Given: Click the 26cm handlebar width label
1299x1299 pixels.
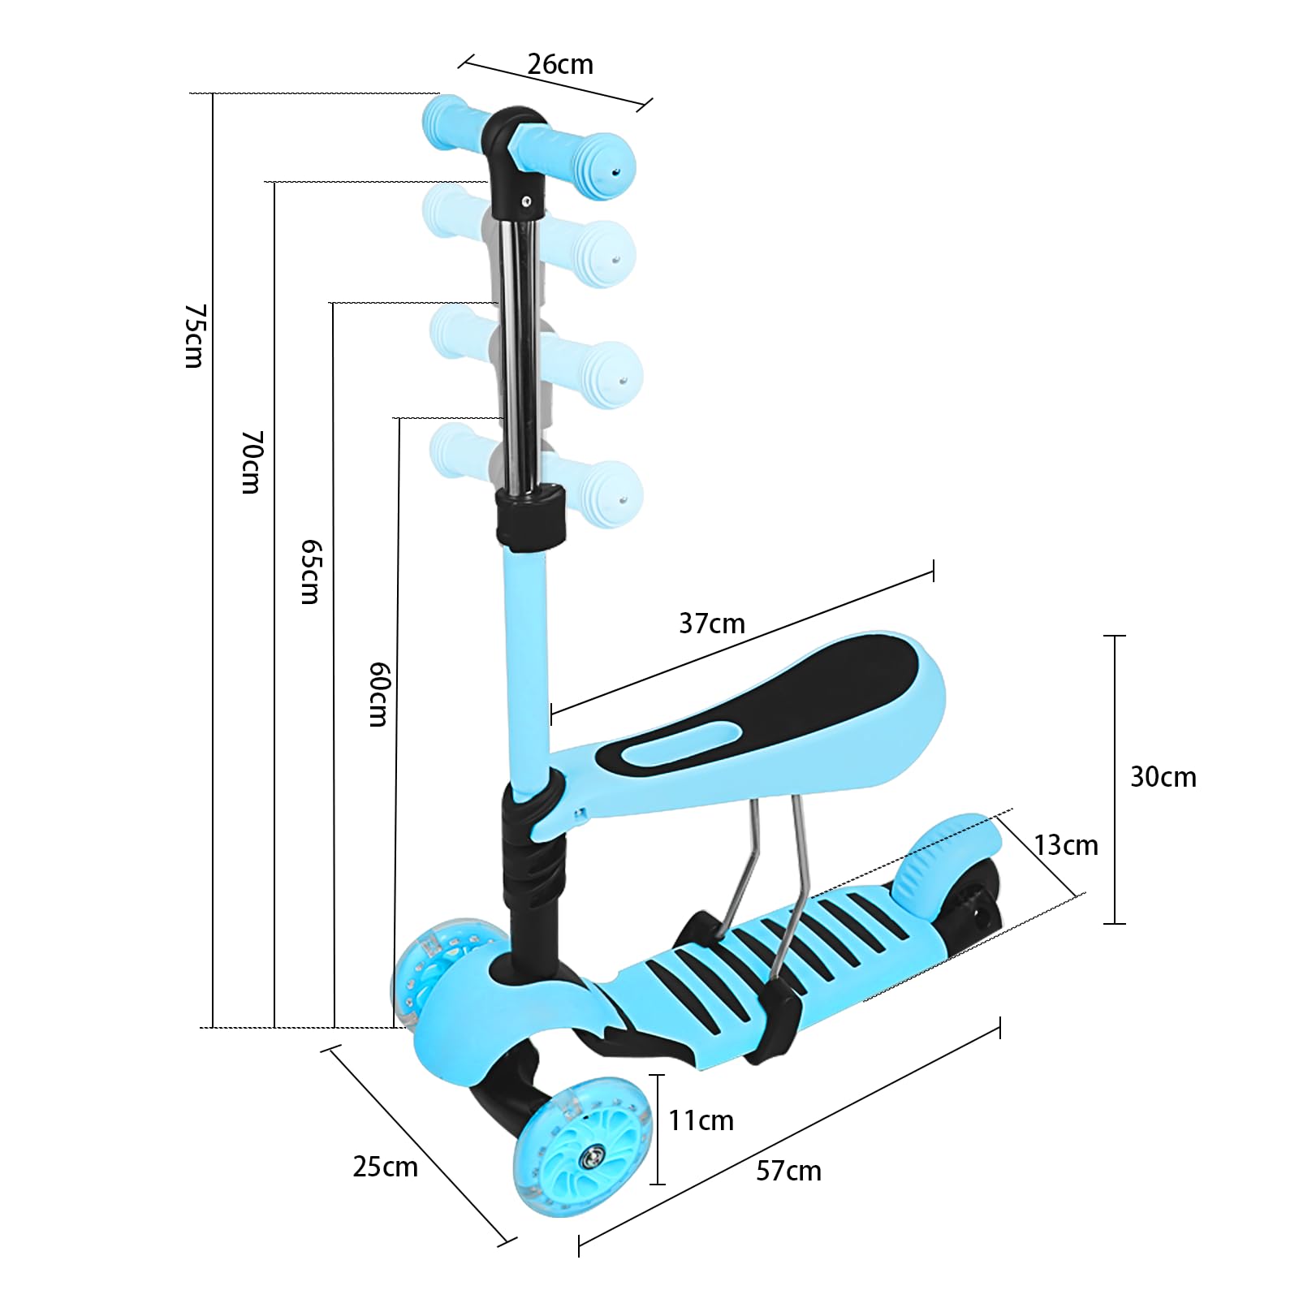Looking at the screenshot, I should click(x=560, y=64).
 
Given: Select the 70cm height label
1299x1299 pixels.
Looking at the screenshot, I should click(x=252, y=462).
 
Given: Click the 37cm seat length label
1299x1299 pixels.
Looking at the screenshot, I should click(x=712, y=624).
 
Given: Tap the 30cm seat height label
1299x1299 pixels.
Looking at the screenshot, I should click(x=1163, y=777).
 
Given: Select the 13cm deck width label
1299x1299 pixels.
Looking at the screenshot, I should click(x=1065, y=845).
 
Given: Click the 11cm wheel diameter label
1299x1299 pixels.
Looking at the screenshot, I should click(x=701, y=1120).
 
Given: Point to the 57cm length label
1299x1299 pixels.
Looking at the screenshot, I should click(x=788, y=1171).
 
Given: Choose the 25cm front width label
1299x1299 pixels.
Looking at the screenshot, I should click(x=385, y=1167).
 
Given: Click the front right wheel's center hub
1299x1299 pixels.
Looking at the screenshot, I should click(x=586, y=1156).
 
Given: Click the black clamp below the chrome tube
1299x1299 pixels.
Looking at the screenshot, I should click(x=531, y=517).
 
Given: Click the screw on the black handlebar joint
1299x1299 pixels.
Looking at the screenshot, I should click(x=526, y=200).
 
